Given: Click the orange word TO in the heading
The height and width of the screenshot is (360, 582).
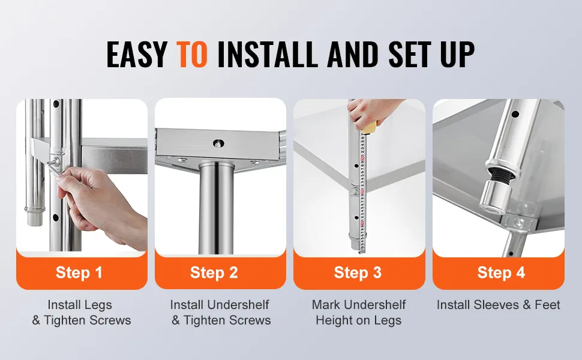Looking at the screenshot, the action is (x=191, y=54).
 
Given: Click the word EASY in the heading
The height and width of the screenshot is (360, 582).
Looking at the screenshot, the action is (x=137, y=54).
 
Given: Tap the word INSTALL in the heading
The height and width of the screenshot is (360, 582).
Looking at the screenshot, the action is (x=267, y=54).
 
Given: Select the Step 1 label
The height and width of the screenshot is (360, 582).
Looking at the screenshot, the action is (x=79, y=272).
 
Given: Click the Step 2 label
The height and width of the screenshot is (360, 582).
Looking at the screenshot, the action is (x=214, y=272).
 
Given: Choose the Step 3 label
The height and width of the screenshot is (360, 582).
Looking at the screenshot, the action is (x=358, y=272).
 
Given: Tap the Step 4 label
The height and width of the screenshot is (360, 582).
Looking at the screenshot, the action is (x=501, y=272).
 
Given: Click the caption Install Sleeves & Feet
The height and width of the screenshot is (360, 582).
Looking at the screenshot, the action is (x=498, y=305).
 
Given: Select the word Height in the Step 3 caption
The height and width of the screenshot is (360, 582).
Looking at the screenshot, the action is (x=332, y=320).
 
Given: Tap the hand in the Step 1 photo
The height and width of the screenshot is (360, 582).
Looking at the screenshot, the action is (x=101, y=202).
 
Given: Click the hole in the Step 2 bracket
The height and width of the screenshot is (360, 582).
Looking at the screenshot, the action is (x=218, y=143).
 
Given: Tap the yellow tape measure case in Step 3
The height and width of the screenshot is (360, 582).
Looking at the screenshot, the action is (x=370, y=128).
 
